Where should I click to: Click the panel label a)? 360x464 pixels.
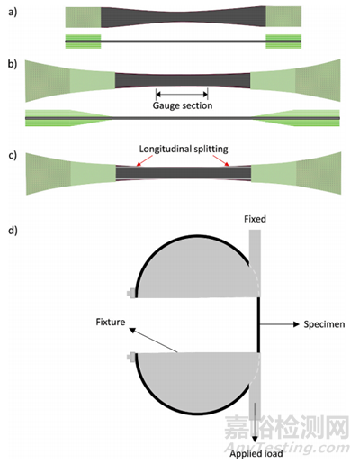(13, 13)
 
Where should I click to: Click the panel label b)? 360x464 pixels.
(13, 64)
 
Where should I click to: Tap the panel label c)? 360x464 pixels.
(13, 155)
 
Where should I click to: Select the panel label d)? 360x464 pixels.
(13, 230)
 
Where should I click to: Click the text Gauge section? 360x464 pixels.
(183, 105)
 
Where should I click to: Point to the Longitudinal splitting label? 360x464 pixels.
(184, 149)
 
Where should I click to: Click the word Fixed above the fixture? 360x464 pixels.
(255, 219)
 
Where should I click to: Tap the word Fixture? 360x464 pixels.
(111, 322)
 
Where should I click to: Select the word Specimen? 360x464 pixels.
(324, 324)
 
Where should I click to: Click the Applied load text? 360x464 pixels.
(256, 453)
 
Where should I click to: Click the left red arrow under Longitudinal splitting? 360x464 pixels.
(143, 160)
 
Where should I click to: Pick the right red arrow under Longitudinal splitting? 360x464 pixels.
(221, 160)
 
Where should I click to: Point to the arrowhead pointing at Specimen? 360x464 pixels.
(296, 324)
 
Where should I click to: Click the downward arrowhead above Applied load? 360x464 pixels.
(255, 439)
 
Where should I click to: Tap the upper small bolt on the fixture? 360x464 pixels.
(131, 293)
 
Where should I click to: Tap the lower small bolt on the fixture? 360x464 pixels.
(131, 357)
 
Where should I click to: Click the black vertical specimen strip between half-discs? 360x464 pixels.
(258, 324)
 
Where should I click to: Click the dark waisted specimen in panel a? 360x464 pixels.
(183, 17)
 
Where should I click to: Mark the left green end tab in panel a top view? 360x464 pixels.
(83, 17)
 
